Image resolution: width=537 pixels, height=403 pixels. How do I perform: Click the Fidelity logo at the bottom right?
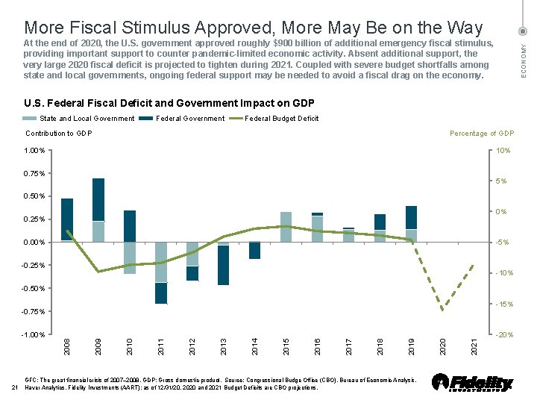point(473,382)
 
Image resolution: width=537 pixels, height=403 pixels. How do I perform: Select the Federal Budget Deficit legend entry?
point(281,118)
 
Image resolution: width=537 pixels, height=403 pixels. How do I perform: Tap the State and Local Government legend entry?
point(87,118)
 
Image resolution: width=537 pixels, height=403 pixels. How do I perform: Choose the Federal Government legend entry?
point(189,118)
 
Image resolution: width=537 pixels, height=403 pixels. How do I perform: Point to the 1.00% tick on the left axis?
point(34,151)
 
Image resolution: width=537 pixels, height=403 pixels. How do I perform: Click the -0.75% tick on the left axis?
point(33,311)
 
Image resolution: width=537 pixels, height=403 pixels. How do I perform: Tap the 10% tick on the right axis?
point(503,151)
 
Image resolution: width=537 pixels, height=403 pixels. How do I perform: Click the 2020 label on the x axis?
point(443,346)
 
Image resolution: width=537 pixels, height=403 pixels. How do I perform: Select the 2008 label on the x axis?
point(67,346)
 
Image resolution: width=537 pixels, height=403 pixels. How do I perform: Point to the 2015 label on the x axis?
point(286,346)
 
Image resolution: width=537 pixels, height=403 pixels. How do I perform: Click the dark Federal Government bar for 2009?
point(98,199)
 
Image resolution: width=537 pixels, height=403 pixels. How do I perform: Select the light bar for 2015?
point(286,227)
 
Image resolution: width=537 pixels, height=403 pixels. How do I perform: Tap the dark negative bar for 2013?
point(223,265)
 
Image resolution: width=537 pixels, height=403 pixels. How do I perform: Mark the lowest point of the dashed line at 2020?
point(442,310)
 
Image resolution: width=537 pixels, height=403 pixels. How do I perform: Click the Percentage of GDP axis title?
point(482,134)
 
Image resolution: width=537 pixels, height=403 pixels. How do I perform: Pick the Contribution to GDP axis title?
point(58,134)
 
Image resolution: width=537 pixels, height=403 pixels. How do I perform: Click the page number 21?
point(15,387)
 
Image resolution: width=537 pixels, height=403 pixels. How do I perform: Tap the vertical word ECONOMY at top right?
point(524,58)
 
